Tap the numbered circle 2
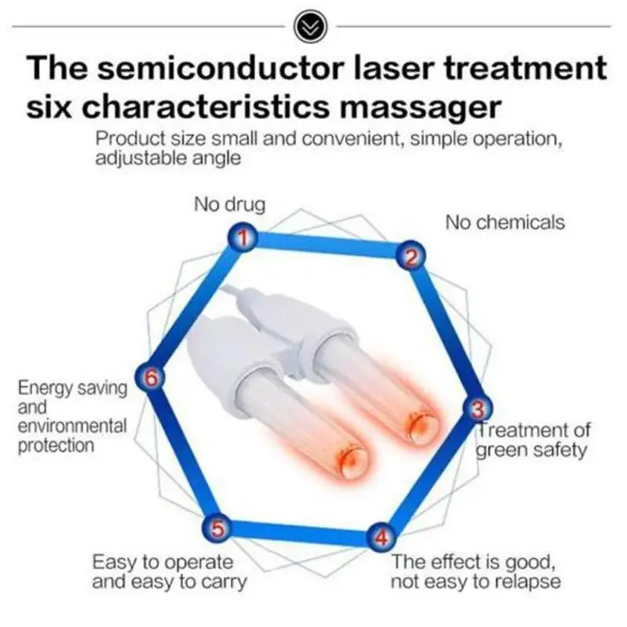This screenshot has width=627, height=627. [x=412, y=255]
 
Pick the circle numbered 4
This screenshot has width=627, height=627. [x=380, y=538]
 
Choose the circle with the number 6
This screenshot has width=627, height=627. [x=152, y=377]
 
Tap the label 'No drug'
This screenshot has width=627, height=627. [x=230, y=205]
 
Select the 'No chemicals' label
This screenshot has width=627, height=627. [x=505, y=223]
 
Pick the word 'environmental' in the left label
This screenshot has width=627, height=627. [x=72, y=426]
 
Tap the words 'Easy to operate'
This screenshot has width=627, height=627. [x=162, y=562]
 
